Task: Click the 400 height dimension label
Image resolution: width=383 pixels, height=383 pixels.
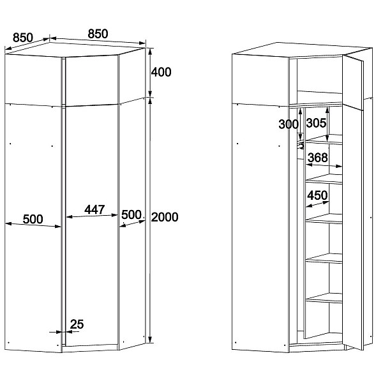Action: click(161, 72)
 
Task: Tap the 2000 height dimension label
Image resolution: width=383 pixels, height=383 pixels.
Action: click(165, 217)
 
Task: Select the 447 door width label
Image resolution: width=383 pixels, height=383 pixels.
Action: click(94, 209)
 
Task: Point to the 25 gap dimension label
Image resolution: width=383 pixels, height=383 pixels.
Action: click(77, 324)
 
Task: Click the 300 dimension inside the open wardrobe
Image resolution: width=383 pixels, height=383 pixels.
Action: click(289, 124)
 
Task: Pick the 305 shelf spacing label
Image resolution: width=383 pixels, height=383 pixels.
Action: click(316, 123)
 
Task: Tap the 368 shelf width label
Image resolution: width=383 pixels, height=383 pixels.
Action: click(317, 158)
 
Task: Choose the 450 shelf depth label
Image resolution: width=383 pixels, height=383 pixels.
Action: click(317, 195)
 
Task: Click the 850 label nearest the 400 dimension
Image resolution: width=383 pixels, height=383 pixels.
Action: click(98, 34)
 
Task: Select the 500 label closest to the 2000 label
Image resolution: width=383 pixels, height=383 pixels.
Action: click(131, 214)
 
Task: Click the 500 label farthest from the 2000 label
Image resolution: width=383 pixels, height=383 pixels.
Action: click(33, 219)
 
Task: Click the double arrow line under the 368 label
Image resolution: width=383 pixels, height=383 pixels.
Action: click(324, 165)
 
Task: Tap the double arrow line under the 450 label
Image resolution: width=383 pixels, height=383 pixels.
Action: click(317, 204)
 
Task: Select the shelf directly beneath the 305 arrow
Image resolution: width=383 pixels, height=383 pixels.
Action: click(324, 140)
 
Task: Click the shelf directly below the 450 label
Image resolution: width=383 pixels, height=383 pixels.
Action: click(324, 218)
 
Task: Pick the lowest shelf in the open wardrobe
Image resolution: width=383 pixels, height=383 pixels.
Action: click(324, 298)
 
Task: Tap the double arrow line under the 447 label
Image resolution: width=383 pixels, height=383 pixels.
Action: click(92, 216)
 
